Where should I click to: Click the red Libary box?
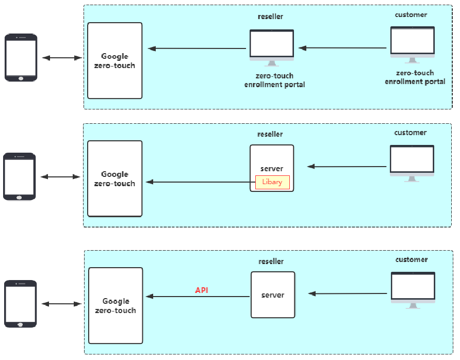272,182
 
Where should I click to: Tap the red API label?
202,290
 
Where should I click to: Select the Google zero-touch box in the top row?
114,61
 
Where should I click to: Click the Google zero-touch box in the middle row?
114,179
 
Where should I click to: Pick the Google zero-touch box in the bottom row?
116,306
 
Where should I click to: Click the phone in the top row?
21,57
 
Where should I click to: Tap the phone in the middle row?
20,176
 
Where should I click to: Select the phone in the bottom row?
21,304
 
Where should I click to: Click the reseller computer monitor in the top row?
272,47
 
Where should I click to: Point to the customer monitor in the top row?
412,44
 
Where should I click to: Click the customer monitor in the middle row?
412,162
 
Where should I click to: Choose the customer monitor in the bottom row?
413,289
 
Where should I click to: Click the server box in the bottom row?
273,295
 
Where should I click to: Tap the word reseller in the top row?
270,17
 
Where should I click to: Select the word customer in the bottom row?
411,259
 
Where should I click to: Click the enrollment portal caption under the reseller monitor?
274,80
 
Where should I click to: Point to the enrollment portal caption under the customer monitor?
415,77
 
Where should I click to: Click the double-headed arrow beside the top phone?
61,58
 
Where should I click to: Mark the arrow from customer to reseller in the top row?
342,48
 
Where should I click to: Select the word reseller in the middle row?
270,134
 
